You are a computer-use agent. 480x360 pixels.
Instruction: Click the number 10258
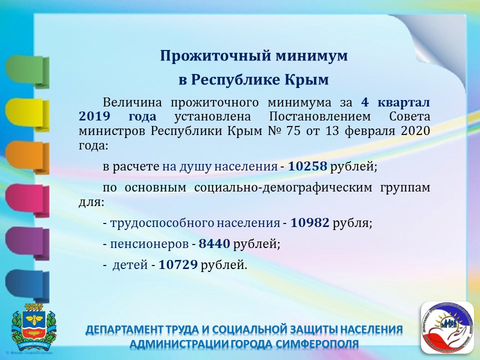(x=307, y=166)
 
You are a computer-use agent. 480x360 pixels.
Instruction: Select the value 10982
(x=310, y=223)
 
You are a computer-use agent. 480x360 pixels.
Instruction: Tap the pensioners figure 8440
(x=214, y=243)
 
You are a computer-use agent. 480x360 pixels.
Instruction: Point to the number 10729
(x=178, y=264)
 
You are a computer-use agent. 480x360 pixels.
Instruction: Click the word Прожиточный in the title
(x=216, y=56)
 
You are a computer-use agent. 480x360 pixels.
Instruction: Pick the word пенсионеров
(x=149, y=244)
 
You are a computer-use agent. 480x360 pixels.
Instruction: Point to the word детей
(x=130, y=265)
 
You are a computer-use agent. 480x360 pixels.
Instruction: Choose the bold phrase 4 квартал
(x=395, y=102)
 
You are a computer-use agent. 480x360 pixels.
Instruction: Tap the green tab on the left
(x=27, y=72)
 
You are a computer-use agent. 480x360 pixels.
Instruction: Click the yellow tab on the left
(x=27, y=115)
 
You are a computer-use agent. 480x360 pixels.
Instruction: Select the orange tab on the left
(x=27, y=157)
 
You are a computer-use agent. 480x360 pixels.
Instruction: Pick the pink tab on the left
(x=27, y=200)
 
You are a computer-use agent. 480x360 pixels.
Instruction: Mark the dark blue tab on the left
(x=27, y=286)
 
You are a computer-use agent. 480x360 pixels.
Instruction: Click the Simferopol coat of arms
(x=33, y=327)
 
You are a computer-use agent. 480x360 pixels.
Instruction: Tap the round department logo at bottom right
(x=447, y=327)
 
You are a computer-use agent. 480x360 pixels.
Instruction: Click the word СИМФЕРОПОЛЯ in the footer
(x=317, y=344)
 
